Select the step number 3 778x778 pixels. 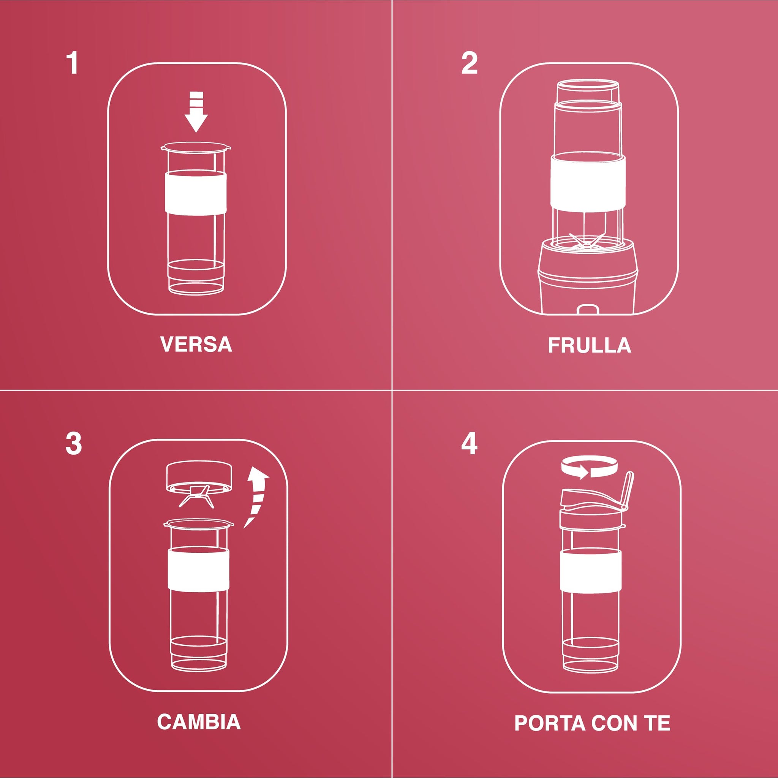[74, 444]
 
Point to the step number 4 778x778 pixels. [469, 443]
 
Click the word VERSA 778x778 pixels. [196, 344]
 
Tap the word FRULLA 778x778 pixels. [590, 345]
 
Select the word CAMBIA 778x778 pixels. [199, 722]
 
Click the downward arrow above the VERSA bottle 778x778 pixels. [196, 112]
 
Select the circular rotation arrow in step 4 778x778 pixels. [589, 467]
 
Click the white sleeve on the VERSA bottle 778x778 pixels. [195, 193]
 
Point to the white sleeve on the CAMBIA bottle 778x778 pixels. [199, 569]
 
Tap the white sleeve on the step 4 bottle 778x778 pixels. [591, 570]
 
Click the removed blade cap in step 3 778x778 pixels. [199, 479]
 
